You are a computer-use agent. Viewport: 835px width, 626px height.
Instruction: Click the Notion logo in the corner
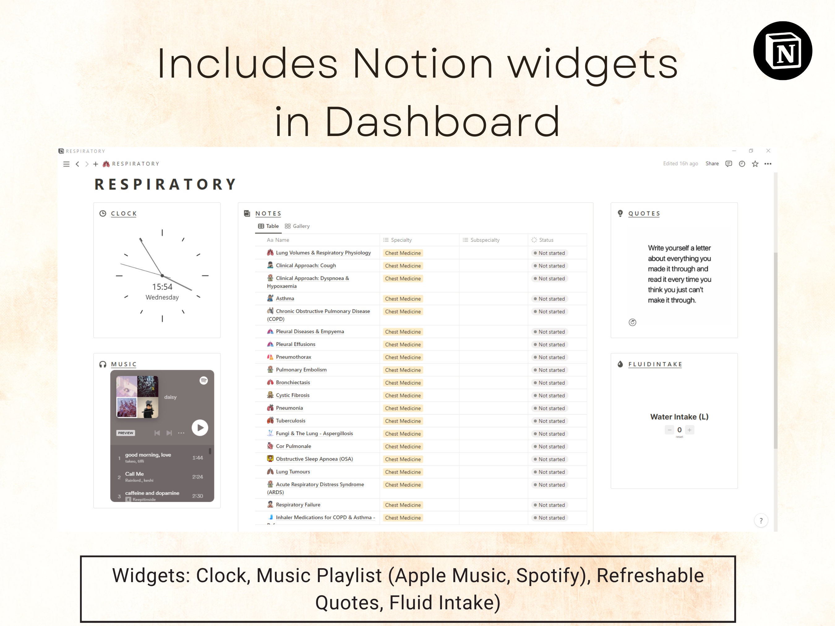pyautogui.click(x=782, y=51)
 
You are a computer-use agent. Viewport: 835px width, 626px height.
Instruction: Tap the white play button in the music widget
pyautogui.click(x=200, y=428)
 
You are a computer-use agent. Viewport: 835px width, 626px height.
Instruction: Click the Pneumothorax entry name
pyautogui.click(x=293, y=357)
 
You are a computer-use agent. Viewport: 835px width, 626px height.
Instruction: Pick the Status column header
pyautogui.click(x=546, y=240)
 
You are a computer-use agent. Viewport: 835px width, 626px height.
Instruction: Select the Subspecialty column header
pyautogui.click(x=485, y=240)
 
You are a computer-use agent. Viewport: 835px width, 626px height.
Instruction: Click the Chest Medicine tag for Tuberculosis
pyautogui.click(x=403, y=421)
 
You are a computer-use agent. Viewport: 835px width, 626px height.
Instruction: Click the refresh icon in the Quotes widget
pyautogui.click(x=632, y=322)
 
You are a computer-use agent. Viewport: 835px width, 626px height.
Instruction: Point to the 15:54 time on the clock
pyautogui.click(x=162, y=287)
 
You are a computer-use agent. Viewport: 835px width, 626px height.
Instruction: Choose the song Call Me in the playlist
pyautogui.click(x=135, y=474)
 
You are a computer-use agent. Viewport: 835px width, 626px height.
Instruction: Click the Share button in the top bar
pyautogui.click(x=712, y=164)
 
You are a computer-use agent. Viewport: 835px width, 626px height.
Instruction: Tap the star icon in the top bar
pyautogui.click(x=755, y=164)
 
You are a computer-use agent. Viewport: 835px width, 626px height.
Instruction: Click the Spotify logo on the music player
pyautogui.click(x=203, y=380)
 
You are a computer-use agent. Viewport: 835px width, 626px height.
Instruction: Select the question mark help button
pyautogui.click(x=761, y=521)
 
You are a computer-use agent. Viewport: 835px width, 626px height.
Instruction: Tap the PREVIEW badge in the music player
pyautogui.click(x=125, y=433)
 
